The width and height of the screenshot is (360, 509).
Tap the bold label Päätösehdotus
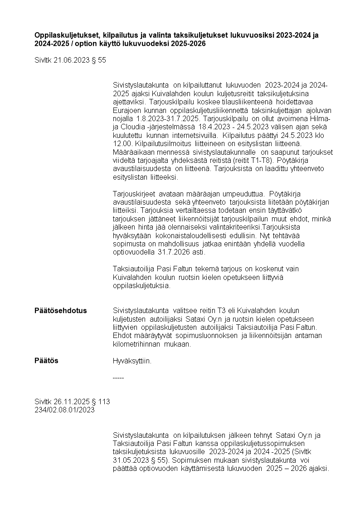pos(61,311)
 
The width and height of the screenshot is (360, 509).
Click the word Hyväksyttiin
pos(132,361)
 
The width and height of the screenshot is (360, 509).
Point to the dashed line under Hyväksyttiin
pos(118,378)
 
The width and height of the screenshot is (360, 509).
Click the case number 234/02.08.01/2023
pos(65,410)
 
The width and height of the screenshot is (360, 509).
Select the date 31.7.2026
pos(169,252)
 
